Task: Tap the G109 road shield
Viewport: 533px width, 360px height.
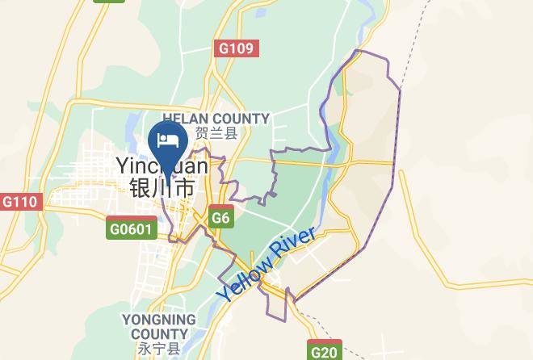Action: (x=237, y=48)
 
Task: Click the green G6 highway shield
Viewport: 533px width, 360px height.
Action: (x=220, y=218)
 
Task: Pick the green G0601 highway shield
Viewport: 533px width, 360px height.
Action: (x=131, y=230)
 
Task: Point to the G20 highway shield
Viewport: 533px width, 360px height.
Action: (x=325, y=351)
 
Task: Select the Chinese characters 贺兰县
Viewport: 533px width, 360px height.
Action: (x=216, y=134)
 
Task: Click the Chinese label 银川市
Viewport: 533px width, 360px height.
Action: (x=162, y=189)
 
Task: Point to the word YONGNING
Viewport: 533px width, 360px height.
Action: (x=159, y=320)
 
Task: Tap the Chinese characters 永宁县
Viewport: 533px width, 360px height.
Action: (x=159, y=350)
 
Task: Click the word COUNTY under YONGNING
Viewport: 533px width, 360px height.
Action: (x=159, y=334)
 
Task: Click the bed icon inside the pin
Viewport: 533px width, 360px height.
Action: (x=169, y=140)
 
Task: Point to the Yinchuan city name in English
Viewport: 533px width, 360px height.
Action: (x=162, y=166)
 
